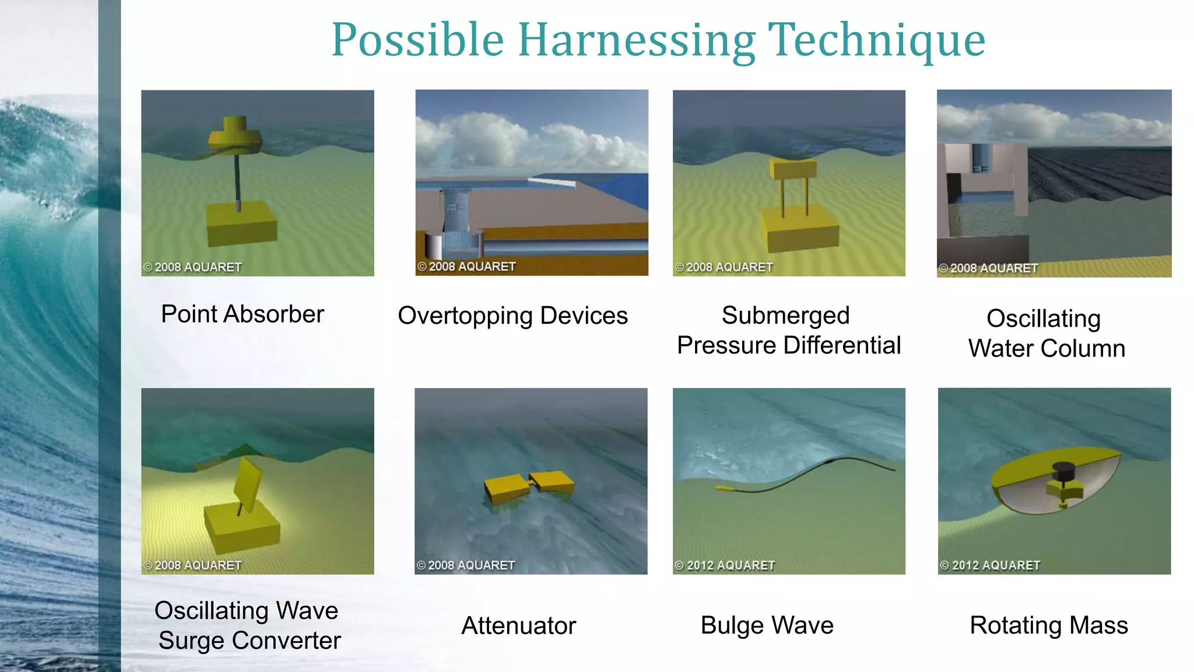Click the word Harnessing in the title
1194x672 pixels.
(637, 41)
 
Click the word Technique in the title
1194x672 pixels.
(877, 41)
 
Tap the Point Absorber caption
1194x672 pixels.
(243, 314)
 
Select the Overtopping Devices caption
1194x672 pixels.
(512, 316)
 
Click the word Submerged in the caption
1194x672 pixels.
(785, 316)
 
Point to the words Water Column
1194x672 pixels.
(1046, 348)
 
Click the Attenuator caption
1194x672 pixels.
(518, 626)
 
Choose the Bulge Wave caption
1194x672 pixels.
(767, 625)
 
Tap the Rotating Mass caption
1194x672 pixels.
(1048, 625)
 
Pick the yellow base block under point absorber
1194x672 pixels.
(241, 223)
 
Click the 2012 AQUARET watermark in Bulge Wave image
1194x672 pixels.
(725, 565)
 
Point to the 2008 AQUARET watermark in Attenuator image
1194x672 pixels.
(466, 565)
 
